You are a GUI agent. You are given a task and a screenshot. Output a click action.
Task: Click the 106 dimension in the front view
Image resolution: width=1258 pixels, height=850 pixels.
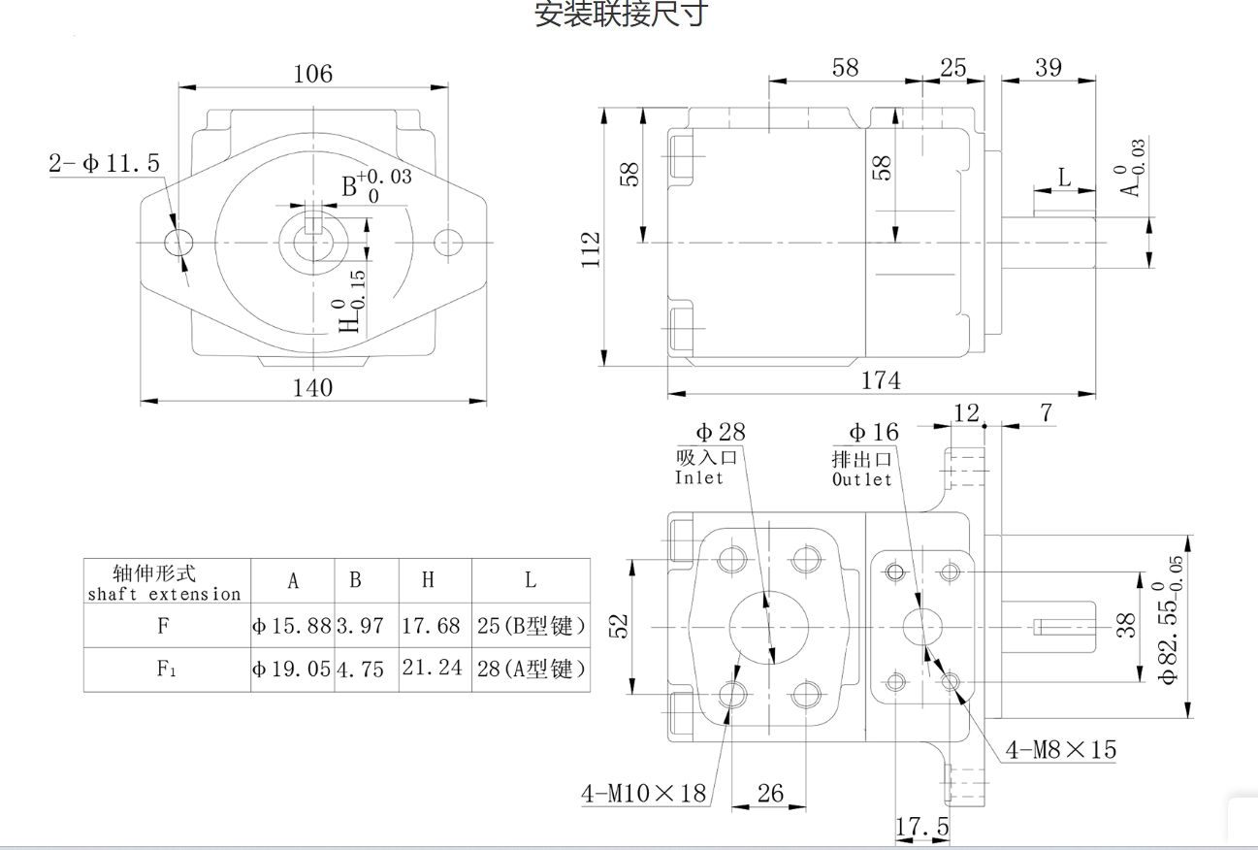point(312,74)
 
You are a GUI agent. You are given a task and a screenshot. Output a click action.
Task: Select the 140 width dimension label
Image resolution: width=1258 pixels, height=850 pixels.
point(312,388)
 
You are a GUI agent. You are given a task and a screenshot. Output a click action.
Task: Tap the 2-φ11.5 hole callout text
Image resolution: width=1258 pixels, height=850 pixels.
point(105,163)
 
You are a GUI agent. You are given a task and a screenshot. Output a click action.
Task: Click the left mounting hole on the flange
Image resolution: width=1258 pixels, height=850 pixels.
point(179,242)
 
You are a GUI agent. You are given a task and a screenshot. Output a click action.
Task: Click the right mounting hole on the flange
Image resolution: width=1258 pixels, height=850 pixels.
point(448,242)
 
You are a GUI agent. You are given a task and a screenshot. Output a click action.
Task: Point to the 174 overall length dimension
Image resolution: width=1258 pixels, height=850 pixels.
point(881,381)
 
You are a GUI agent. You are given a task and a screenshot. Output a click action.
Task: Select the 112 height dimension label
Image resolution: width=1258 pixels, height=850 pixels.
point(592,250)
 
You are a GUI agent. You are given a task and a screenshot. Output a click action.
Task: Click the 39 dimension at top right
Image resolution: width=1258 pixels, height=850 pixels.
point(1048,68)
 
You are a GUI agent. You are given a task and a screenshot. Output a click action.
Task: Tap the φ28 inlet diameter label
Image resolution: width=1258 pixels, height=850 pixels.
point(720,433)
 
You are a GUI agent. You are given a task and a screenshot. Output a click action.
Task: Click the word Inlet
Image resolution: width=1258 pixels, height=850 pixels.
point(699,477)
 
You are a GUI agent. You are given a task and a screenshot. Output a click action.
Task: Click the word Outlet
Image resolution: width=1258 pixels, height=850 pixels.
point(861,479)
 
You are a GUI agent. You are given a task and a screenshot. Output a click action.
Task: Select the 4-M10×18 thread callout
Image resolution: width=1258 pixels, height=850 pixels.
point(643,794)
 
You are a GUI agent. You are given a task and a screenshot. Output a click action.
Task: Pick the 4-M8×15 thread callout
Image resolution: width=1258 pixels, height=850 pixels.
point(1060,750)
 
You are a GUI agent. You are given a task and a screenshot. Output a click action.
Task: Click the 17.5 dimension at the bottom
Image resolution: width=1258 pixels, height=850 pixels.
point(921,828)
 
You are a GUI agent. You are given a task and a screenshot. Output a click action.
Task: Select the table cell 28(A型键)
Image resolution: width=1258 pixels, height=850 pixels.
point(531,669)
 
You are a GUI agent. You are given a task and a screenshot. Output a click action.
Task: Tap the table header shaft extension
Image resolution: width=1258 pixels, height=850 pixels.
point(166,594)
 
